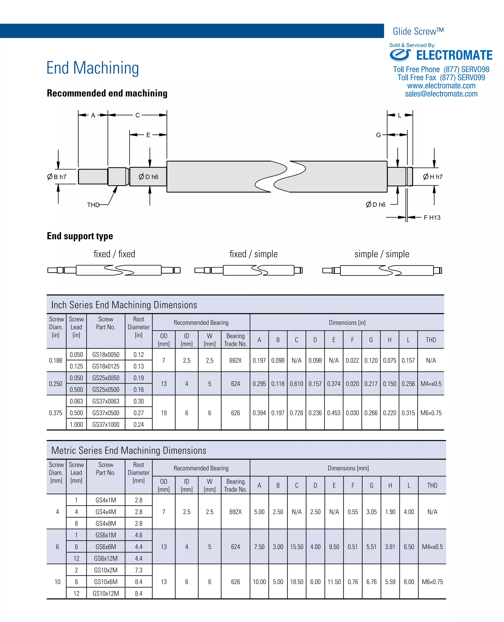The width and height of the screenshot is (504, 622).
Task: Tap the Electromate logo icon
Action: (x=400, y=55)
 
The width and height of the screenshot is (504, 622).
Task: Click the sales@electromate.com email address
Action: (x=441, y=94)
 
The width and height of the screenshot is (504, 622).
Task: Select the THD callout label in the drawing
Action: (x=93, y=205)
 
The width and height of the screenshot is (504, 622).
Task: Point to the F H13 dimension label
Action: (x=432, y=218)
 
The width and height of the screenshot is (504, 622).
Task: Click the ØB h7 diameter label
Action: (x=57, y=177)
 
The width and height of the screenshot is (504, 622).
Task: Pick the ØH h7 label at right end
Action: (x=433, y=177)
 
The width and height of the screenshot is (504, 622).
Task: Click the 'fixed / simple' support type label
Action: (x=253, y=254)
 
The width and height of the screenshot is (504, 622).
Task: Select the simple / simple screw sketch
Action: (x=382, y=270)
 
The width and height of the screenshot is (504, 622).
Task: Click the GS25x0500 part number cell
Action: (x=106, y=389)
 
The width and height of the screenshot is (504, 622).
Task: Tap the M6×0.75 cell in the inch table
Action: (x=431, y=413)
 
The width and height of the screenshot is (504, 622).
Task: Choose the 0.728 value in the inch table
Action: (x=296, y=413)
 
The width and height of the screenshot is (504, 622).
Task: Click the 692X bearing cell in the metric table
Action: (x=236, y=512)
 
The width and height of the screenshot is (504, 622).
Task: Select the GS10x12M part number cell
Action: (x=106, y=593)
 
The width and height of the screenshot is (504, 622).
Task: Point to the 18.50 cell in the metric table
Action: (x=297, y=582)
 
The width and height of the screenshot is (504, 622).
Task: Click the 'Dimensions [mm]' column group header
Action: (x=348, y=468)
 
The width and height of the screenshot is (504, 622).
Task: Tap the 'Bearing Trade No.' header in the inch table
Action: (x=236, y=340)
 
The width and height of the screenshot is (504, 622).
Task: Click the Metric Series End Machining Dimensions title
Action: (x=129, y=450)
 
